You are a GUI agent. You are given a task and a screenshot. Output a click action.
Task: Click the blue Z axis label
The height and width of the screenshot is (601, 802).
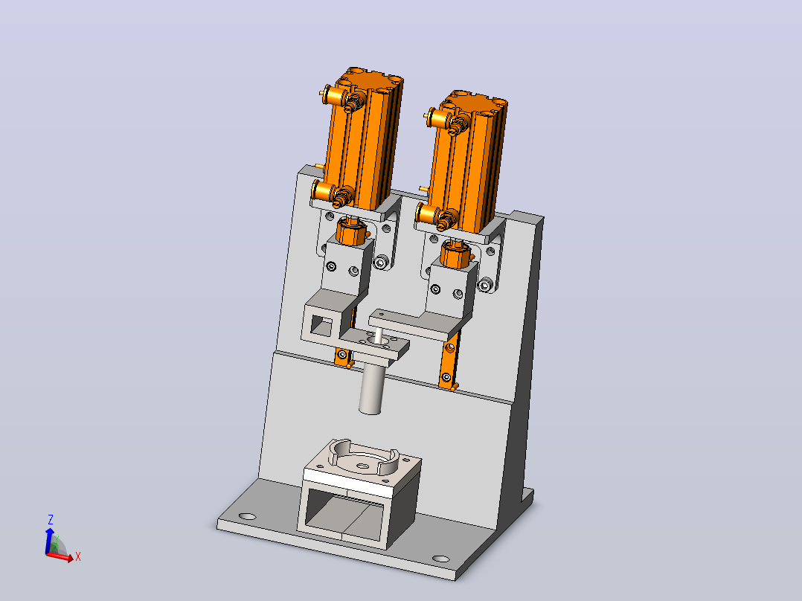tap(51, 520)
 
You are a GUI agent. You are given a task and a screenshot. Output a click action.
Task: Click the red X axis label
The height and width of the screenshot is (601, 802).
tap(77, 556)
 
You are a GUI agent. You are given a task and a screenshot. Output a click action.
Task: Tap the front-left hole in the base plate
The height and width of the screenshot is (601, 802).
tap(247, 517)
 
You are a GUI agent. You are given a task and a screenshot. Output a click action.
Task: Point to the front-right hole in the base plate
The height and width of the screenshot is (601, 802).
tap(441, 559)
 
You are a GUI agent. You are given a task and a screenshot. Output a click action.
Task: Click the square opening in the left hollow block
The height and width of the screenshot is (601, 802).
tap(321, 326)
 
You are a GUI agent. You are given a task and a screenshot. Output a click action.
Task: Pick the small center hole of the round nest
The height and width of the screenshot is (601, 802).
tap(362, 466)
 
